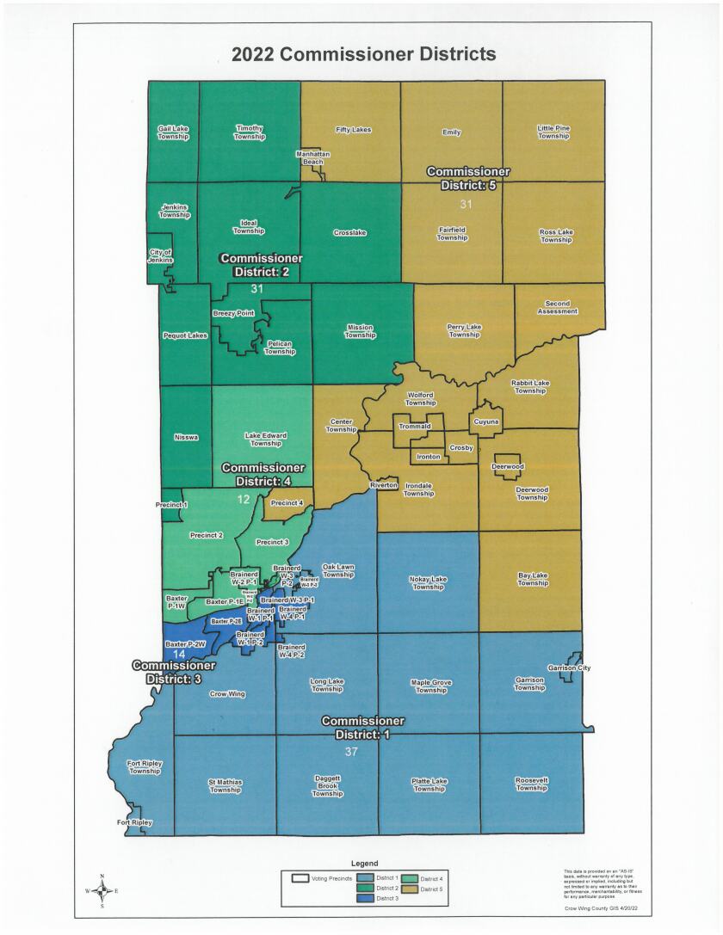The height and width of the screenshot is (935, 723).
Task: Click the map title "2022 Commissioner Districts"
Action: (x=363, y=55)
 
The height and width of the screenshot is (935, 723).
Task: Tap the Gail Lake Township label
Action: (x=173, y=132)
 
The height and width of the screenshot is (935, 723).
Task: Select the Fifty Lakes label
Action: (x=353, y=130)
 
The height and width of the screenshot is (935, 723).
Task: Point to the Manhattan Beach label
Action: (x=313, y=157)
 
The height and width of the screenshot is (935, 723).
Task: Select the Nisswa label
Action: (x=186, y=438)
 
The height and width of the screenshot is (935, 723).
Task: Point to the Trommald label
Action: (x=414, y=427)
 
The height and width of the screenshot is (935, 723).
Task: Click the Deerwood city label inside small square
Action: (x=507, y=466)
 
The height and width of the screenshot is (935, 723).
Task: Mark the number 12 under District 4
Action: (x=244, y=500)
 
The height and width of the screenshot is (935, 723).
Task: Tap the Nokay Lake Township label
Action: (x=428, y=583)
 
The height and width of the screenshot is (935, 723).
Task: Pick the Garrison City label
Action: (x=569, y=668)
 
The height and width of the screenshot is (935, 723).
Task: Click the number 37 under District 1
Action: (x=350, y=752)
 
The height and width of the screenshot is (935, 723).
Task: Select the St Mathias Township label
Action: (x=225, y=785)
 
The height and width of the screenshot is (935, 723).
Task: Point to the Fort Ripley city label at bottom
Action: (x=135, y=823)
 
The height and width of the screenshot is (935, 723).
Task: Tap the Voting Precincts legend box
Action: (x=300, y=878)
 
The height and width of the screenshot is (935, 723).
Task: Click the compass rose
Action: (x=102, y=891)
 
